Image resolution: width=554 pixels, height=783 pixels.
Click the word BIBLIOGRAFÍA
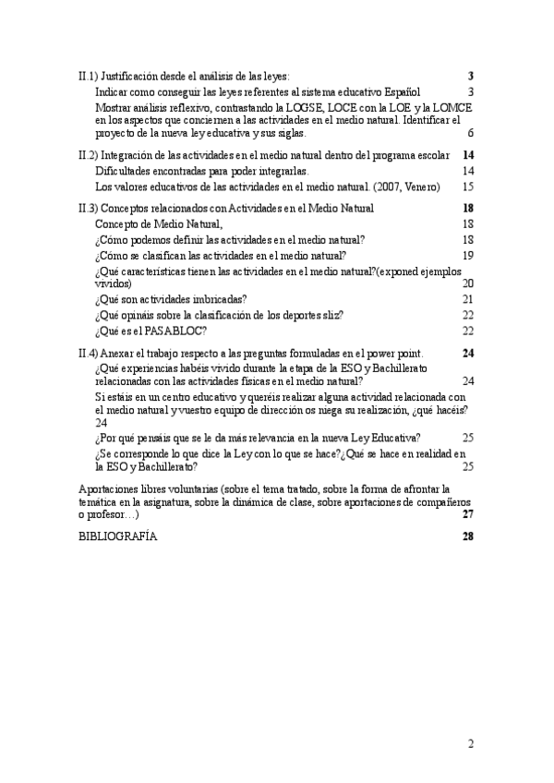coord(118,538)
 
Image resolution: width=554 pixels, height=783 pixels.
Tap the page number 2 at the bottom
coord(470,744)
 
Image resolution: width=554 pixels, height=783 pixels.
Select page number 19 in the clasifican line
coord(467,255)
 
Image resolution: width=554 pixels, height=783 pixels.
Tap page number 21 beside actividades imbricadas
coord(467,299)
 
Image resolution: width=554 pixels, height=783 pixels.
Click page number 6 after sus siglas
coord(470,133)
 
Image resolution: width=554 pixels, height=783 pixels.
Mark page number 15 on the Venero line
coord(467,186)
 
